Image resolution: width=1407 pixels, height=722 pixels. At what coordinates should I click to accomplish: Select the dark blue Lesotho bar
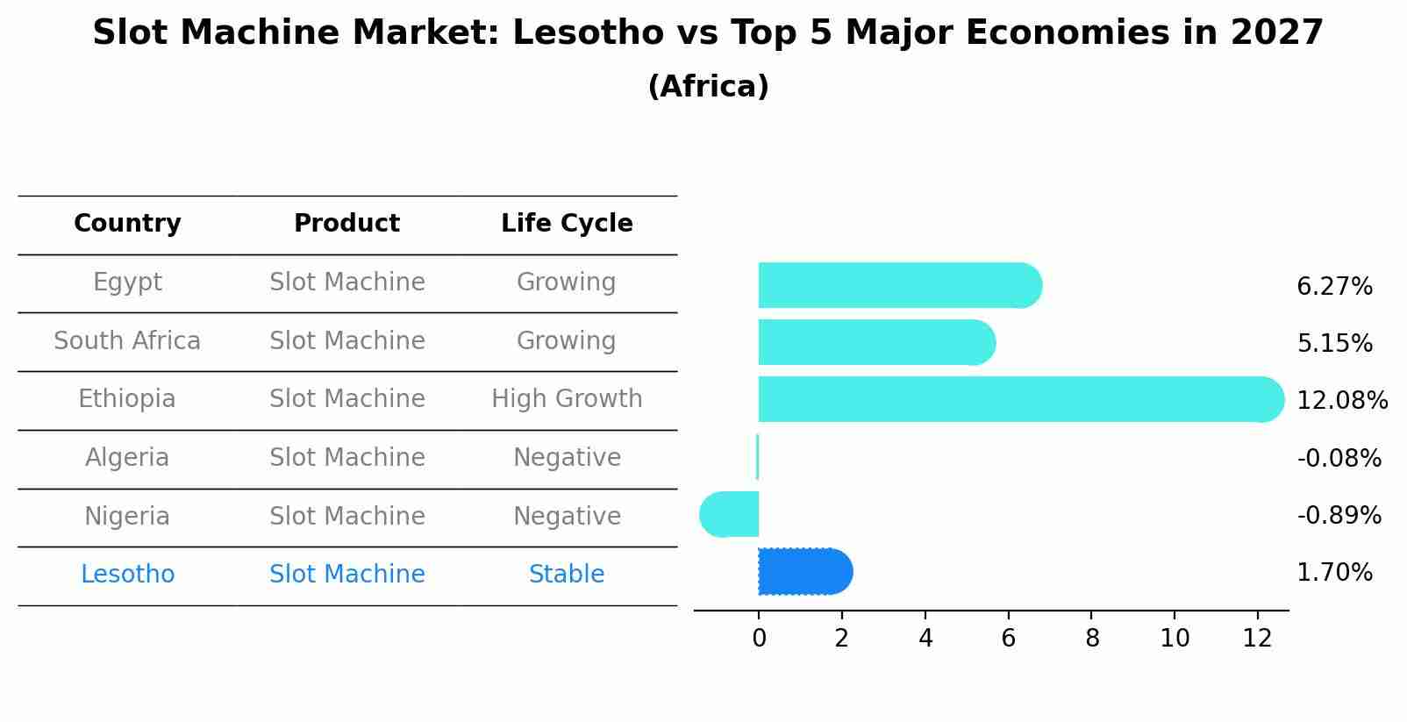(x=803, y=572)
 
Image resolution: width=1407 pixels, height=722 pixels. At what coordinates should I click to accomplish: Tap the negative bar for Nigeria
(x=730, y=514)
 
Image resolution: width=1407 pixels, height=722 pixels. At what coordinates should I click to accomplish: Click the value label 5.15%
(x=1334, y=343)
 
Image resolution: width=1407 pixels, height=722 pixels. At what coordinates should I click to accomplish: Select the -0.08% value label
(x=1339, y=458)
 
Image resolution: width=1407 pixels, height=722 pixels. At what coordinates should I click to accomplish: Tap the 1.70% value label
(x=1334, y=573)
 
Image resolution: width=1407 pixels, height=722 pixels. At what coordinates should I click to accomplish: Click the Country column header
(x=127, y=224)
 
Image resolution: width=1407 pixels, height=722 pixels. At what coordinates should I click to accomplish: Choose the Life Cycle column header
(x=567, y=224)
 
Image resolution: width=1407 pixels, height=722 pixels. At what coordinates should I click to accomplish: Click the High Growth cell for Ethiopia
(x=567, y=399)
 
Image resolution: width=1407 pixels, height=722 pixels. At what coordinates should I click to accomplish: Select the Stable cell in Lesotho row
(x=567, y=575)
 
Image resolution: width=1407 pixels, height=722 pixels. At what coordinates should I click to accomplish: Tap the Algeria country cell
(x=127, y=458)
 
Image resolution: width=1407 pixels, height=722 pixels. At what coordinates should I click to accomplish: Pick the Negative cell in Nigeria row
(x=567, y=516)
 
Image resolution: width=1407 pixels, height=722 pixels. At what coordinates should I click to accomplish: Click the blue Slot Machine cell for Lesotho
(x=347, y=575)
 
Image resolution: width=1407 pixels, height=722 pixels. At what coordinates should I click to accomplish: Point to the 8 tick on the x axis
(x=1091, y=639)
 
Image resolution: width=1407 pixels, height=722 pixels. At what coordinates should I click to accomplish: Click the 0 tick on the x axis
(x=759, y=639)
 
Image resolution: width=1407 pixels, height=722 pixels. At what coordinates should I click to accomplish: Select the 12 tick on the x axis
(x=1257, y=639)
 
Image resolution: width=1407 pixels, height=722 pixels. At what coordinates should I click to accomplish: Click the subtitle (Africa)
(x=708, y=87)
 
